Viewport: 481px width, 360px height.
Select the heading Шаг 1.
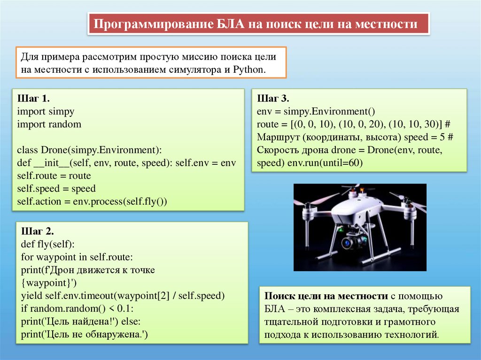pos(33,99)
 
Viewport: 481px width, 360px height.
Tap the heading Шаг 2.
pos(38,232)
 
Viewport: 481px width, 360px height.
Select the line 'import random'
pos(49,124)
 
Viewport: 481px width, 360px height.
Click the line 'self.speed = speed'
pos(56,189)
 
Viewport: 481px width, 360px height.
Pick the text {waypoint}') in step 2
pos(49,283)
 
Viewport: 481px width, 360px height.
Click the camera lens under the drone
pos(348,242)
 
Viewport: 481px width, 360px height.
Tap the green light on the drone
pos(336,231)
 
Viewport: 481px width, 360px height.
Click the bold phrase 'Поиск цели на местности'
pos(326,297)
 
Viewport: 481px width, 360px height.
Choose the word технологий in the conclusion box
pos(414,335)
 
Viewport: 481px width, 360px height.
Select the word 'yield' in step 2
pos(31,296)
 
